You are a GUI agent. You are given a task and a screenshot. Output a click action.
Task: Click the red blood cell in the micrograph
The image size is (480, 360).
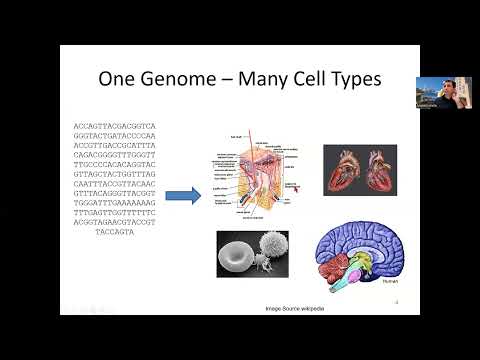[237, 253]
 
